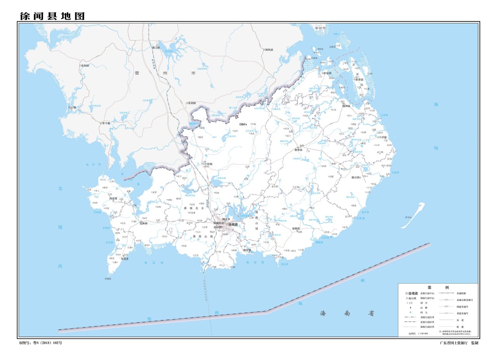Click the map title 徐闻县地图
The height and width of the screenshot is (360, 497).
[x=52, y=16]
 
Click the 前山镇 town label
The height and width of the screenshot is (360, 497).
[x=356, y=177]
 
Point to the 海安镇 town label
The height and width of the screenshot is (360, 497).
[x=248, y=250]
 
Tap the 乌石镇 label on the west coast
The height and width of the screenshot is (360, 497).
[x=73, y=107]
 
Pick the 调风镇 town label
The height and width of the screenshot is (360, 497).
[x=268, y=50]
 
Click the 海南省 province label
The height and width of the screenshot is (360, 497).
[x=347, y=313]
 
